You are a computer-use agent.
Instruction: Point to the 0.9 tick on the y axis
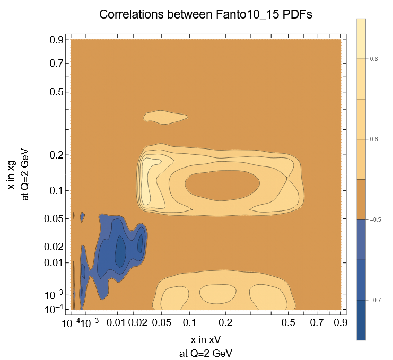[57, 40]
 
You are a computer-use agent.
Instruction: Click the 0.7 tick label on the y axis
[57, 64]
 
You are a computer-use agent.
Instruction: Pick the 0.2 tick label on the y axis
[57, 155]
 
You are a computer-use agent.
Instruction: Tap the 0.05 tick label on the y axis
[55, 218]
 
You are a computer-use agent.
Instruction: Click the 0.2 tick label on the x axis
[226, 322]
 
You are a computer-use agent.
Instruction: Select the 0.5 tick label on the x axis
[288, 322]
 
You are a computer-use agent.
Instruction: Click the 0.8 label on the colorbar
[374, 59]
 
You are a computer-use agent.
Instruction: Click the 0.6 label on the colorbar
[374, 139]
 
